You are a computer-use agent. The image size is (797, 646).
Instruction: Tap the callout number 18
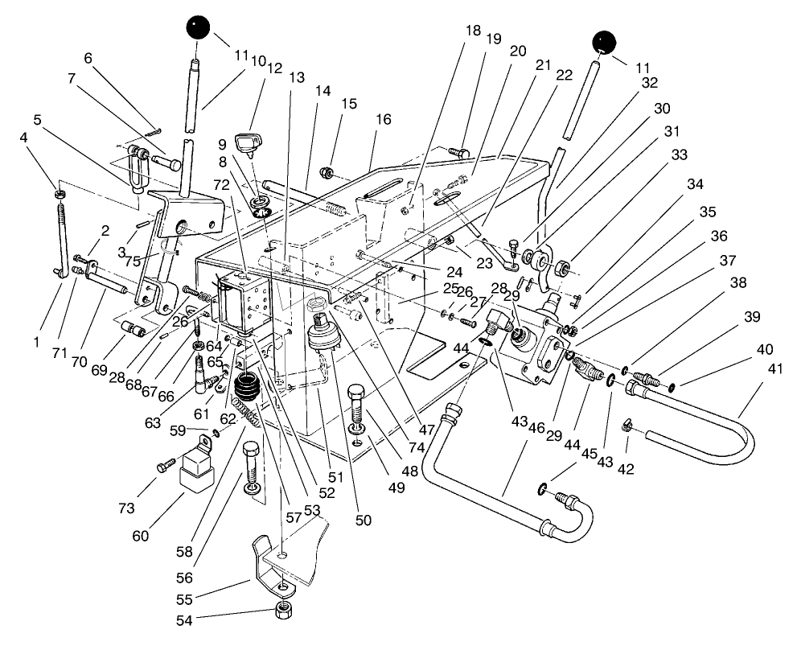click(x=473, y=31)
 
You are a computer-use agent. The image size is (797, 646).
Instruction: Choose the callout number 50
click(x=363, y=521)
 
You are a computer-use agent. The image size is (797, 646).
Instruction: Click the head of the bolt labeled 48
click(x=356, y=393)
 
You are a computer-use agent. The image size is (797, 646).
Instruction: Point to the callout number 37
click(x=727, y=261)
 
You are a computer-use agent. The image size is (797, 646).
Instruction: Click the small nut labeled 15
click(x=327, y=171)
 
